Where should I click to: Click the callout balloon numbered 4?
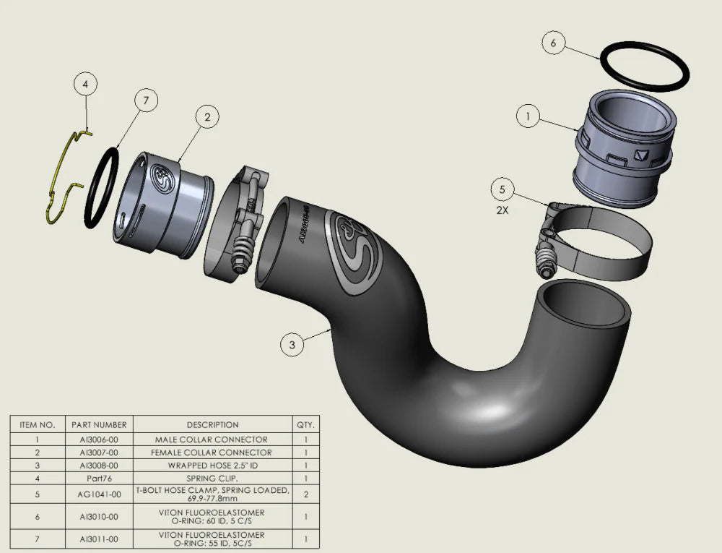(85, 85)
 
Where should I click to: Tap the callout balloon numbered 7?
(146, 101)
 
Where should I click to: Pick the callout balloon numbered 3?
(292, 346)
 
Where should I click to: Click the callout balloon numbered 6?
(553, 43)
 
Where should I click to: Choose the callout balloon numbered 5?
(503, 190)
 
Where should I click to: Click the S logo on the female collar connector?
(161, 178)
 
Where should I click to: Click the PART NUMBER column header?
(99, 425)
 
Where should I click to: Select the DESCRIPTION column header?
(212, 425)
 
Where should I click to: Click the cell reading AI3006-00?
(99, 439)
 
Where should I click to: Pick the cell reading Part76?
(99, 478)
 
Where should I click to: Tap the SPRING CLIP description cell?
(212, 478)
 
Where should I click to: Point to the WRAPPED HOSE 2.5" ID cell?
(212, 466)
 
